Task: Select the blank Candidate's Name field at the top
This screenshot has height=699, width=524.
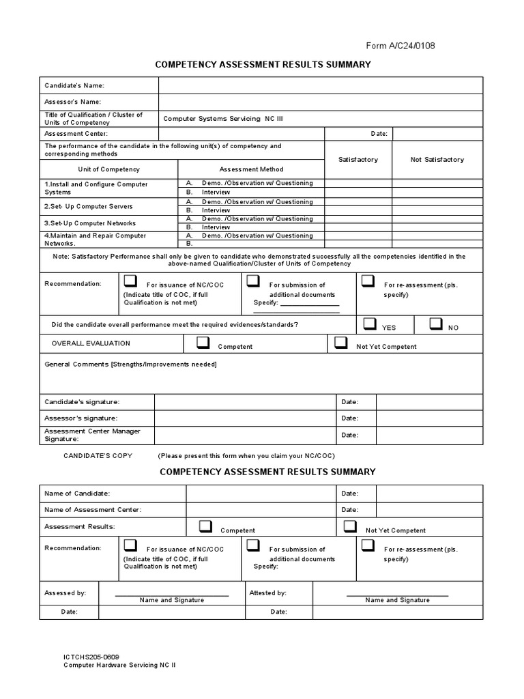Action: (x=321, y=85)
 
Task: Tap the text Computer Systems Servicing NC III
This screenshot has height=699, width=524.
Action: (x=222, y=119)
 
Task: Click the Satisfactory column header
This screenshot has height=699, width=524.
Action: (x=358, y=160)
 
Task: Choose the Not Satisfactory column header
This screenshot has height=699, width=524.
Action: (x=437, y=160)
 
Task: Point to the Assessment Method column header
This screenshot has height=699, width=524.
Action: (x=251, y=169)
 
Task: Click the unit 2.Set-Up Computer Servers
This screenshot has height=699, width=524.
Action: (x=89, y=206)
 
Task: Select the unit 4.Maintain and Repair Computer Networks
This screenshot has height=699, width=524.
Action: (x=96, y=239)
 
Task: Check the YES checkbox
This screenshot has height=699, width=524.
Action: (x=370, y=324)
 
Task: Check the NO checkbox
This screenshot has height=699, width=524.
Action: (x=436, y=324)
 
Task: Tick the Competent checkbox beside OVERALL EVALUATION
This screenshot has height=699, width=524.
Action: (x=203, y=343)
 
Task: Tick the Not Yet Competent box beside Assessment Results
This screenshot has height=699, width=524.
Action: (x=350, y=526)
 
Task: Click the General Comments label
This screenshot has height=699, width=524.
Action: (x=130, y=364)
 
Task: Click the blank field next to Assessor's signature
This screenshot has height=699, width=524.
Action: (x=244, y=418)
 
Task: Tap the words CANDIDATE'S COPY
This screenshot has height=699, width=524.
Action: (x=98, y=455)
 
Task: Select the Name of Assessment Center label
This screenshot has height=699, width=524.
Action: (x=93, y=510)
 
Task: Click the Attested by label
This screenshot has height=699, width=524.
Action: (x=268, y=593)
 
